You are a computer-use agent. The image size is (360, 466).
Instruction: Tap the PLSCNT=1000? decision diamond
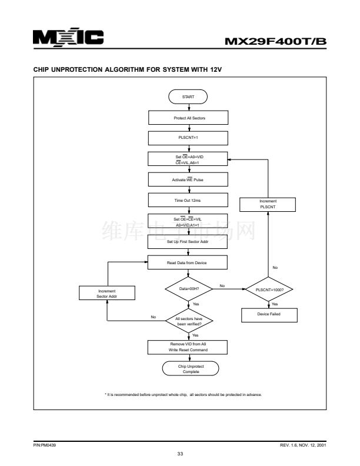(269, 289)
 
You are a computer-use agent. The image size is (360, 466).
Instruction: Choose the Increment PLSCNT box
(268, 204)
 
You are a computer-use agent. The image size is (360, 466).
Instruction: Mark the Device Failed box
(269, 315)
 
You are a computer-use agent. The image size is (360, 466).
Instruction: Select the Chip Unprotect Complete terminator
(189, 369)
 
